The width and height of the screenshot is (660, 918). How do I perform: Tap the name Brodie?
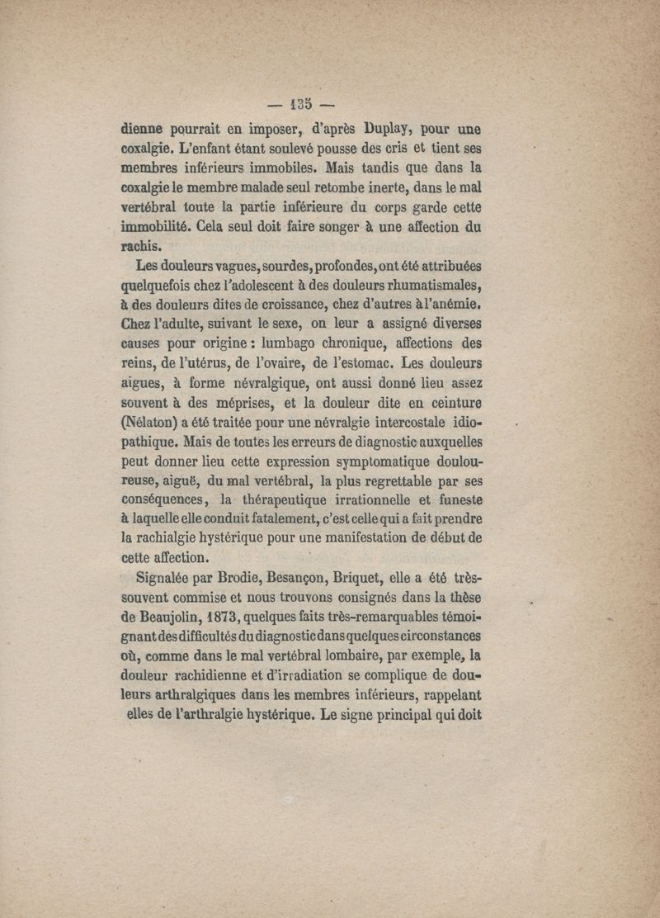point(256,578)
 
